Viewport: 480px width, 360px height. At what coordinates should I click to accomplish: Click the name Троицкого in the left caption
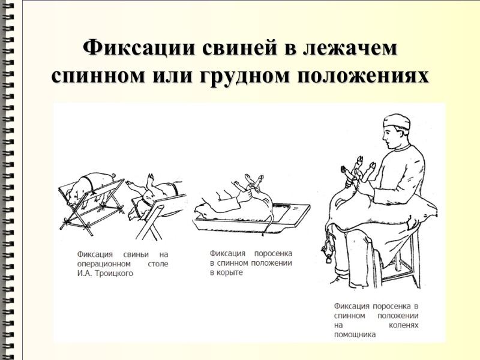112,274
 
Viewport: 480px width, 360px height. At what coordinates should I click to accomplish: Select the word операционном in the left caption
104,264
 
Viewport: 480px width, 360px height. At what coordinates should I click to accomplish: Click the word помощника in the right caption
355,335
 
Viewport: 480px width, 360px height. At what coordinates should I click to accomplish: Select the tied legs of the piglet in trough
252,180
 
